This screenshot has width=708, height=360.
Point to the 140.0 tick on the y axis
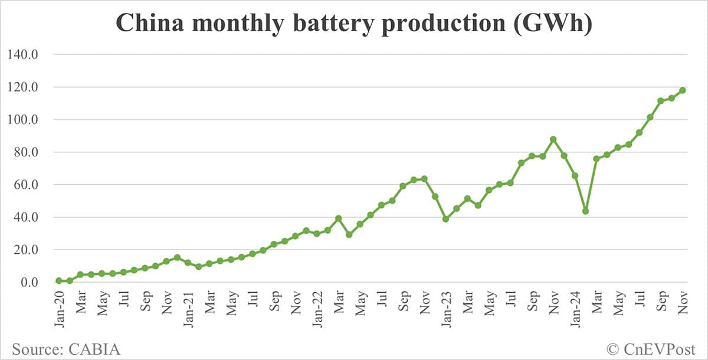pos(22,55)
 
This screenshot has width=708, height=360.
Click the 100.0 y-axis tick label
pos(22,120)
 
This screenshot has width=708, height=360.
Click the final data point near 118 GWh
pos(683,90)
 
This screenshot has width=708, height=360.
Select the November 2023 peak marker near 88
pos(553,139)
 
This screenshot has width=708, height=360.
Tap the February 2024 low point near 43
pos(585,211)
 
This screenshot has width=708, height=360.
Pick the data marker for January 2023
pos(446,219)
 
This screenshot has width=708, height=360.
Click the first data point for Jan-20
pos(59,281)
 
